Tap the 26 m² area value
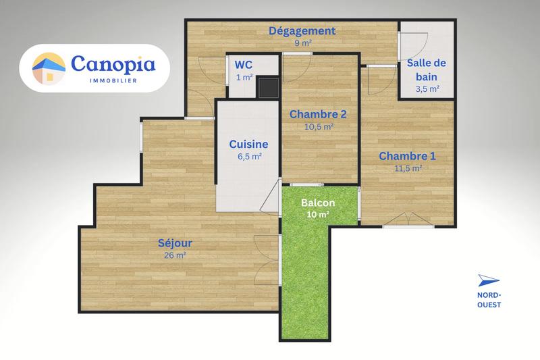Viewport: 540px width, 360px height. point(175,255)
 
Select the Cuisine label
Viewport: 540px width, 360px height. point(248,144)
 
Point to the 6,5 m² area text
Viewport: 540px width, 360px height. point(249,156)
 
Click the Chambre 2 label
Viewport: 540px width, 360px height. point(313,114)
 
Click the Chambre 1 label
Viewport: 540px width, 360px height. point(407,156)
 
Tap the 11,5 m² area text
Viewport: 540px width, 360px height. point(408,168)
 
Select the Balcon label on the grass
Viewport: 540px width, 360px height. point(319,203)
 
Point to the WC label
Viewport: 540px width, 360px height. point(243,65)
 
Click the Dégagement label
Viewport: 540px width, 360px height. point(302,31)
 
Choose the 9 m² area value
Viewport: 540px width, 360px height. point(302,43)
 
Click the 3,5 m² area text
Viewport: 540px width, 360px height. point(427,88)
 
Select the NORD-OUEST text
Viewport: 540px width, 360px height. point(489,300)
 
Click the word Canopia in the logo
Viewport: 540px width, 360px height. point(113,63)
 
